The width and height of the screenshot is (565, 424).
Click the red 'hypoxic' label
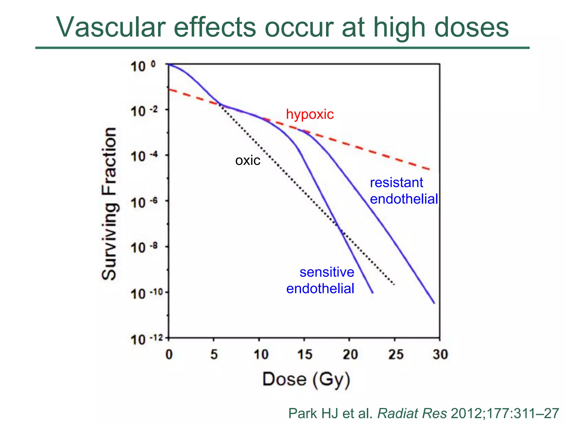[310, 114]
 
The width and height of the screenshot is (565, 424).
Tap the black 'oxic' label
[247, 161]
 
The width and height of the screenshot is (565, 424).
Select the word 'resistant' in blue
[396, 183]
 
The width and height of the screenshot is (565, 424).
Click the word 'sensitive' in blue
[327, 272]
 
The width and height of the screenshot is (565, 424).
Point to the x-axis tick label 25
[396, 354]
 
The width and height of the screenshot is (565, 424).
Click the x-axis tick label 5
[214, 354]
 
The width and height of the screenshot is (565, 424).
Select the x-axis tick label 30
[440, 354]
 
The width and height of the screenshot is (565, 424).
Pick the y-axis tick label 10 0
[142, 66]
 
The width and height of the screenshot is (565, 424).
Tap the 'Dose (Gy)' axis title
[306, 380]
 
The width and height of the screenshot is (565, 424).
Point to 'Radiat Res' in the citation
[412, 413]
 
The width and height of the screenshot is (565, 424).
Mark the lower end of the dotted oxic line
[394, 284]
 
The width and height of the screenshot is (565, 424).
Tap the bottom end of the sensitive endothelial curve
[373, 293]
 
